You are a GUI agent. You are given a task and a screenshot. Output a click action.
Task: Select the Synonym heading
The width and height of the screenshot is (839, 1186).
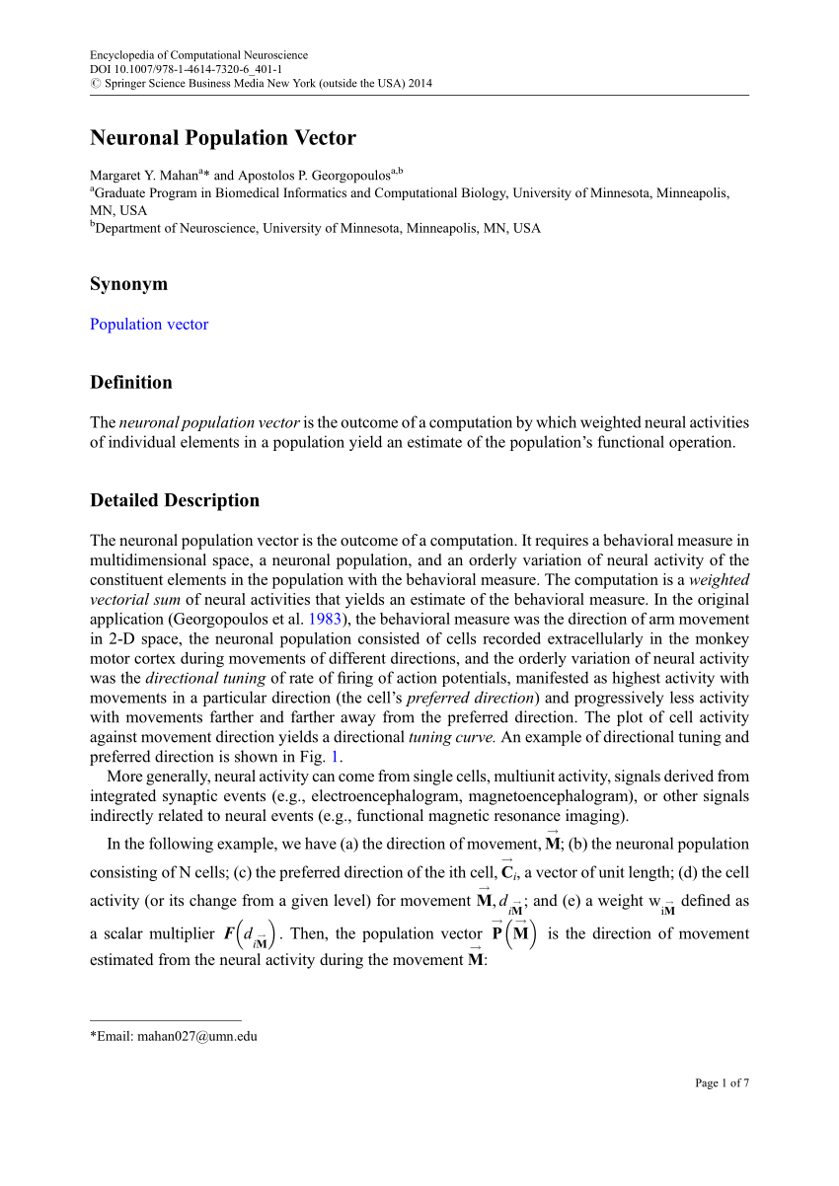click(128, 284)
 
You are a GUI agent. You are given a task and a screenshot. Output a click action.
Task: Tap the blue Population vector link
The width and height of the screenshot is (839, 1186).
click(149, 325)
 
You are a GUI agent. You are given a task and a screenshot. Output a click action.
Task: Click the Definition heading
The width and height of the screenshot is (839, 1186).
click(130, 383)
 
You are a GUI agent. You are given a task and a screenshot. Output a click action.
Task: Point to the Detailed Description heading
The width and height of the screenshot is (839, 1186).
click(175, 500)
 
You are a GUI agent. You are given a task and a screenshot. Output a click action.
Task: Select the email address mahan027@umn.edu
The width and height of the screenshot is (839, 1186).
click(196, 1037)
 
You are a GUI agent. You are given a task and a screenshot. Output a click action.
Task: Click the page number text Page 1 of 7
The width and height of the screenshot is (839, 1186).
click(722, 1083)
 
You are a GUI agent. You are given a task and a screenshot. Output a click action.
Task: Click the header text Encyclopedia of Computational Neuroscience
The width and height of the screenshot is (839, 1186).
click(198, 55)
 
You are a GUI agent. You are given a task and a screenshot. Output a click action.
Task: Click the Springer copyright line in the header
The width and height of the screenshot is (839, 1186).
click(261, 84)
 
